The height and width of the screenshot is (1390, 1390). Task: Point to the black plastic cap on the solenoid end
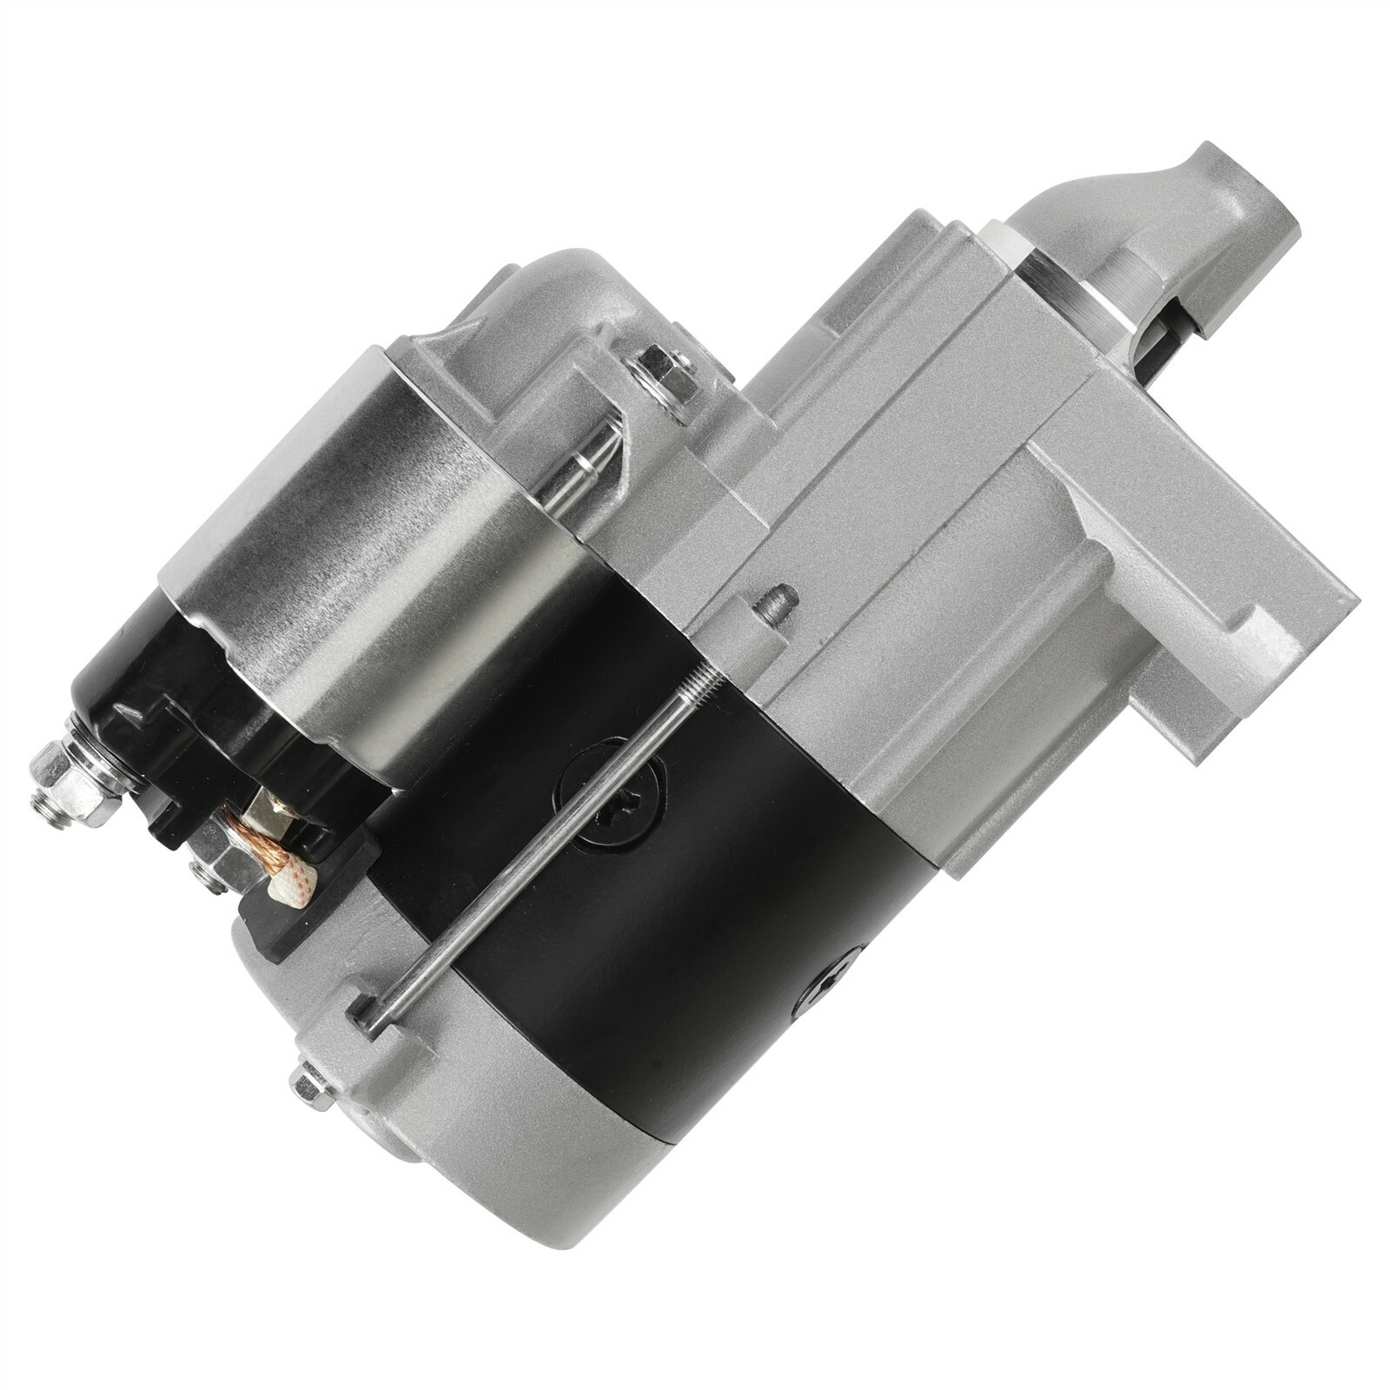coord(156,695)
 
